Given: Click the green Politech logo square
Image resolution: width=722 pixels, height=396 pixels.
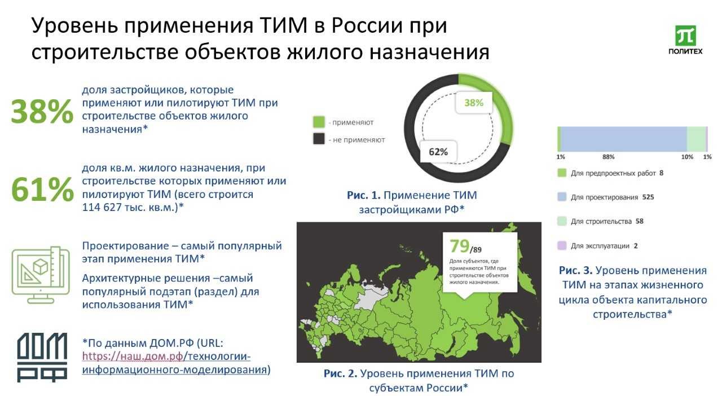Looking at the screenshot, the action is tap(685, 36).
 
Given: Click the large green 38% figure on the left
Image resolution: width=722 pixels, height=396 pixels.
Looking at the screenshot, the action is tap(42, 112).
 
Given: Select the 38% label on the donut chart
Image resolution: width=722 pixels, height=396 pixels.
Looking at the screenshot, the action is tap(473, 103).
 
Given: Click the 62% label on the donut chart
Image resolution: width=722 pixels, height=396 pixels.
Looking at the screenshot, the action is tap(438, 152).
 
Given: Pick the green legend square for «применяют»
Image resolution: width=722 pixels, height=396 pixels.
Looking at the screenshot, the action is tap(319, 122).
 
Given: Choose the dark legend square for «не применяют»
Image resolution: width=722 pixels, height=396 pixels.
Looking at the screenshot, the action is tap(319, 139).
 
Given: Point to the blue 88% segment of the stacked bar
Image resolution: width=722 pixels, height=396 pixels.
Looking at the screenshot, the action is tap(624, 139).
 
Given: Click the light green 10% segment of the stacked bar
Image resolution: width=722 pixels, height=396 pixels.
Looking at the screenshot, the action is tap(696, 139).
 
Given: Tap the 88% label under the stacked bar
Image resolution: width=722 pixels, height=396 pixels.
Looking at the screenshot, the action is tap(608, 157).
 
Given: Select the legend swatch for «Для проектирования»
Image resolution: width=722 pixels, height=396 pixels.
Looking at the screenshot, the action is tap(562, 197).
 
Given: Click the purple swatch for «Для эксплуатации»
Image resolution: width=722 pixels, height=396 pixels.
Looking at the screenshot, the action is tap(562, 245).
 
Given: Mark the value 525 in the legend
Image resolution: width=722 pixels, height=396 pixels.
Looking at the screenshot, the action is tap(648, 197).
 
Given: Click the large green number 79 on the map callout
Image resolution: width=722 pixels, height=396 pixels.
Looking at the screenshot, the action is tap(459, 246).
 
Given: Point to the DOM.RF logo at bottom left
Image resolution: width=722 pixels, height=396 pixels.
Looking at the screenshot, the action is tap(42, 357).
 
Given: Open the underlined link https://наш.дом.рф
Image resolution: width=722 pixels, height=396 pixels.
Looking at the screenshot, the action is tap(133, 357).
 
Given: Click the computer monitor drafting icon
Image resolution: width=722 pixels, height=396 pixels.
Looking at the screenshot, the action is tap(41, 275).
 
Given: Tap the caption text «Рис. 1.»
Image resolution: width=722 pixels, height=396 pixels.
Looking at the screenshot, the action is tap(364, 195).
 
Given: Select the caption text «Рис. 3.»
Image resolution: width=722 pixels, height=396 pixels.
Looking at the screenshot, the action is tap(576, 270).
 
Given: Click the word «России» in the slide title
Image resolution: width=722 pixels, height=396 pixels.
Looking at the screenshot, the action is tap(367, 25).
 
